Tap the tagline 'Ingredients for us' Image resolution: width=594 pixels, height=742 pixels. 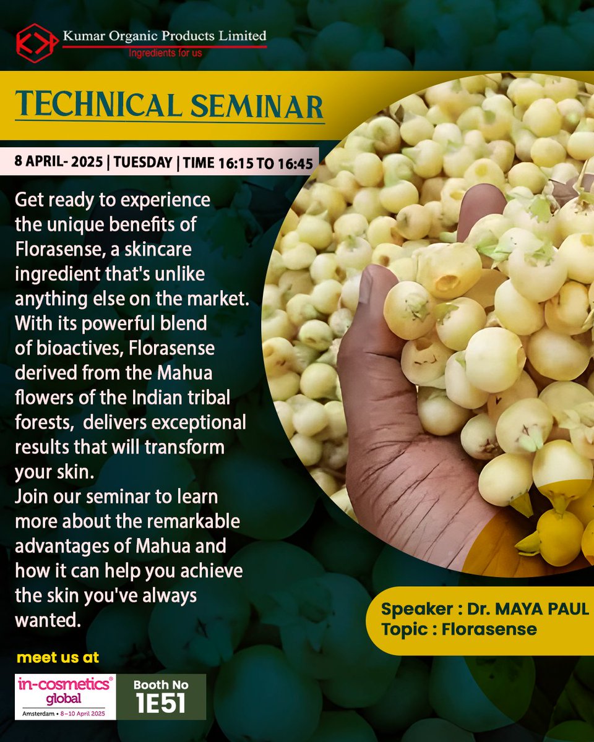165,53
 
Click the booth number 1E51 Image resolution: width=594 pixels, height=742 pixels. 161,705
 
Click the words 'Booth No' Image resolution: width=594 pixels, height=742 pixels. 161,685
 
